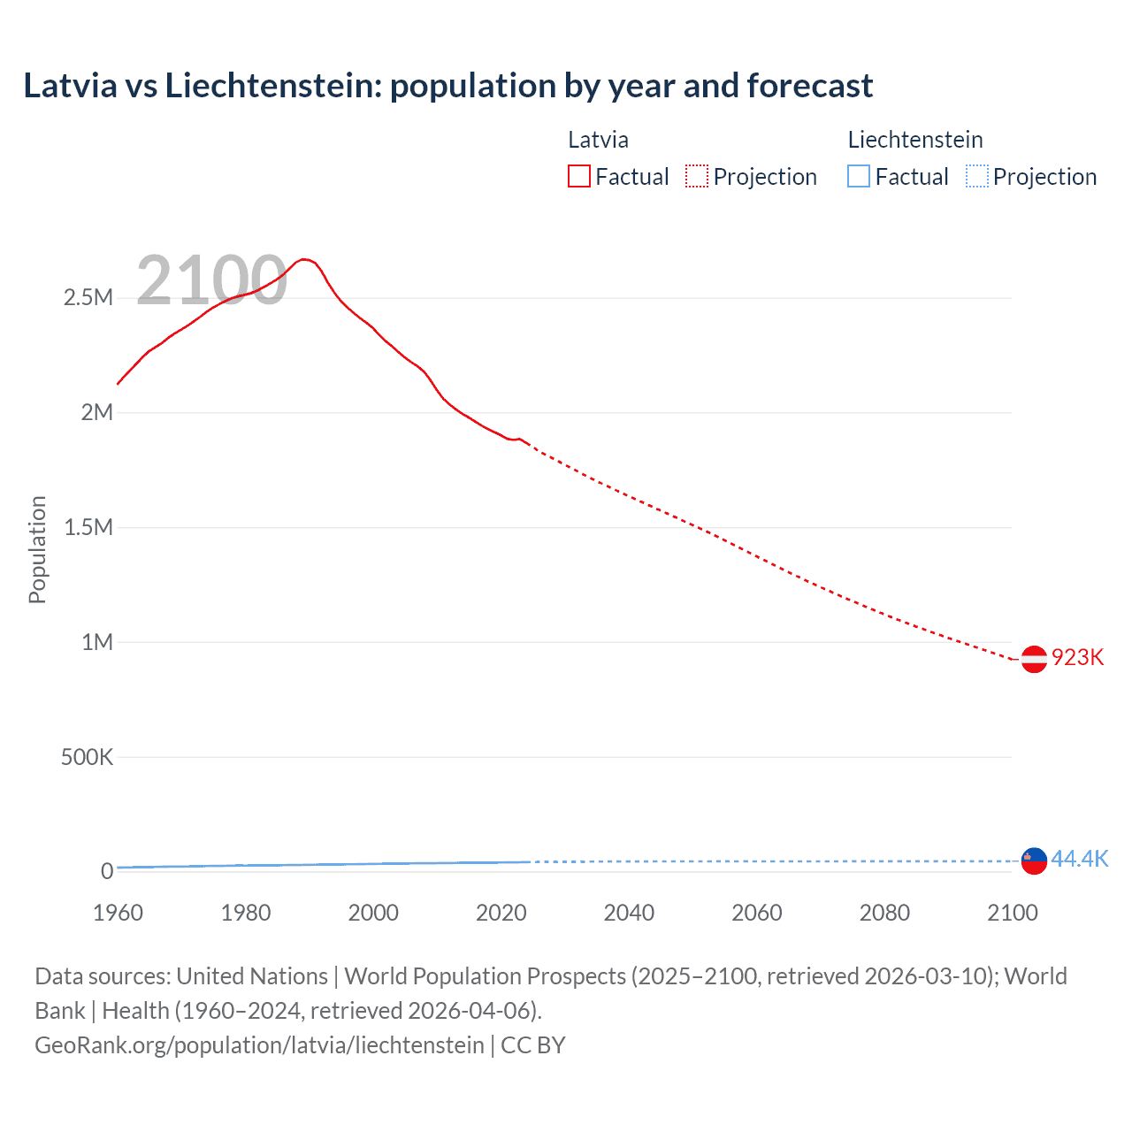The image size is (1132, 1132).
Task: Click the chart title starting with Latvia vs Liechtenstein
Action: tap(447, 86)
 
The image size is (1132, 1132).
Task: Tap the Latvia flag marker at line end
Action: tap(1034, 659)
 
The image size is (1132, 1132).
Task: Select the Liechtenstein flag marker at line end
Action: tap(1034, 860)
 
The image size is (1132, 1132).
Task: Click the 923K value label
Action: tap(1077, 658)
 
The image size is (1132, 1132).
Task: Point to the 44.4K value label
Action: tap(1079, 859)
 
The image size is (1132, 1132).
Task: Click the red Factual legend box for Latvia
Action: tap(579, 177)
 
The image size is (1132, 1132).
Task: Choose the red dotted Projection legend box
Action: tap(697, 177)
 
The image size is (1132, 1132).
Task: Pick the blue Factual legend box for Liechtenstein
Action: tap(859, 177)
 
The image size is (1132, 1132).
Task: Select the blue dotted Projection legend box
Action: tap(977, 177)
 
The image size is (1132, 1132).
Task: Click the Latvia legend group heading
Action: tap(598, 140)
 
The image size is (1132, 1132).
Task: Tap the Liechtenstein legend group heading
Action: tap(915, 140)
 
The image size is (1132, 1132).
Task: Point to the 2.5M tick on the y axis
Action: tap(88, 298)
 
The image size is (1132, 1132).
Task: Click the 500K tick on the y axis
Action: tap(87, 757)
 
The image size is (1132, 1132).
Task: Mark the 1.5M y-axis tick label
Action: tap(88, 528)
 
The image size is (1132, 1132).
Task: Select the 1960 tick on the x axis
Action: tap(118, 913)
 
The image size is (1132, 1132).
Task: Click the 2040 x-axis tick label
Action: tap(629, 913)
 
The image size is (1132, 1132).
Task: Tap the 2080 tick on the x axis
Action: tap(884, 913)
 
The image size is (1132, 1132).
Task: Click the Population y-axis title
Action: tap(37, 549)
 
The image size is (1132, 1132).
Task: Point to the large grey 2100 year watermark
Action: tap(211, 280)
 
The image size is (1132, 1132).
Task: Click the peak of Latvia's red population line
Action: tap(303, 259)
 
